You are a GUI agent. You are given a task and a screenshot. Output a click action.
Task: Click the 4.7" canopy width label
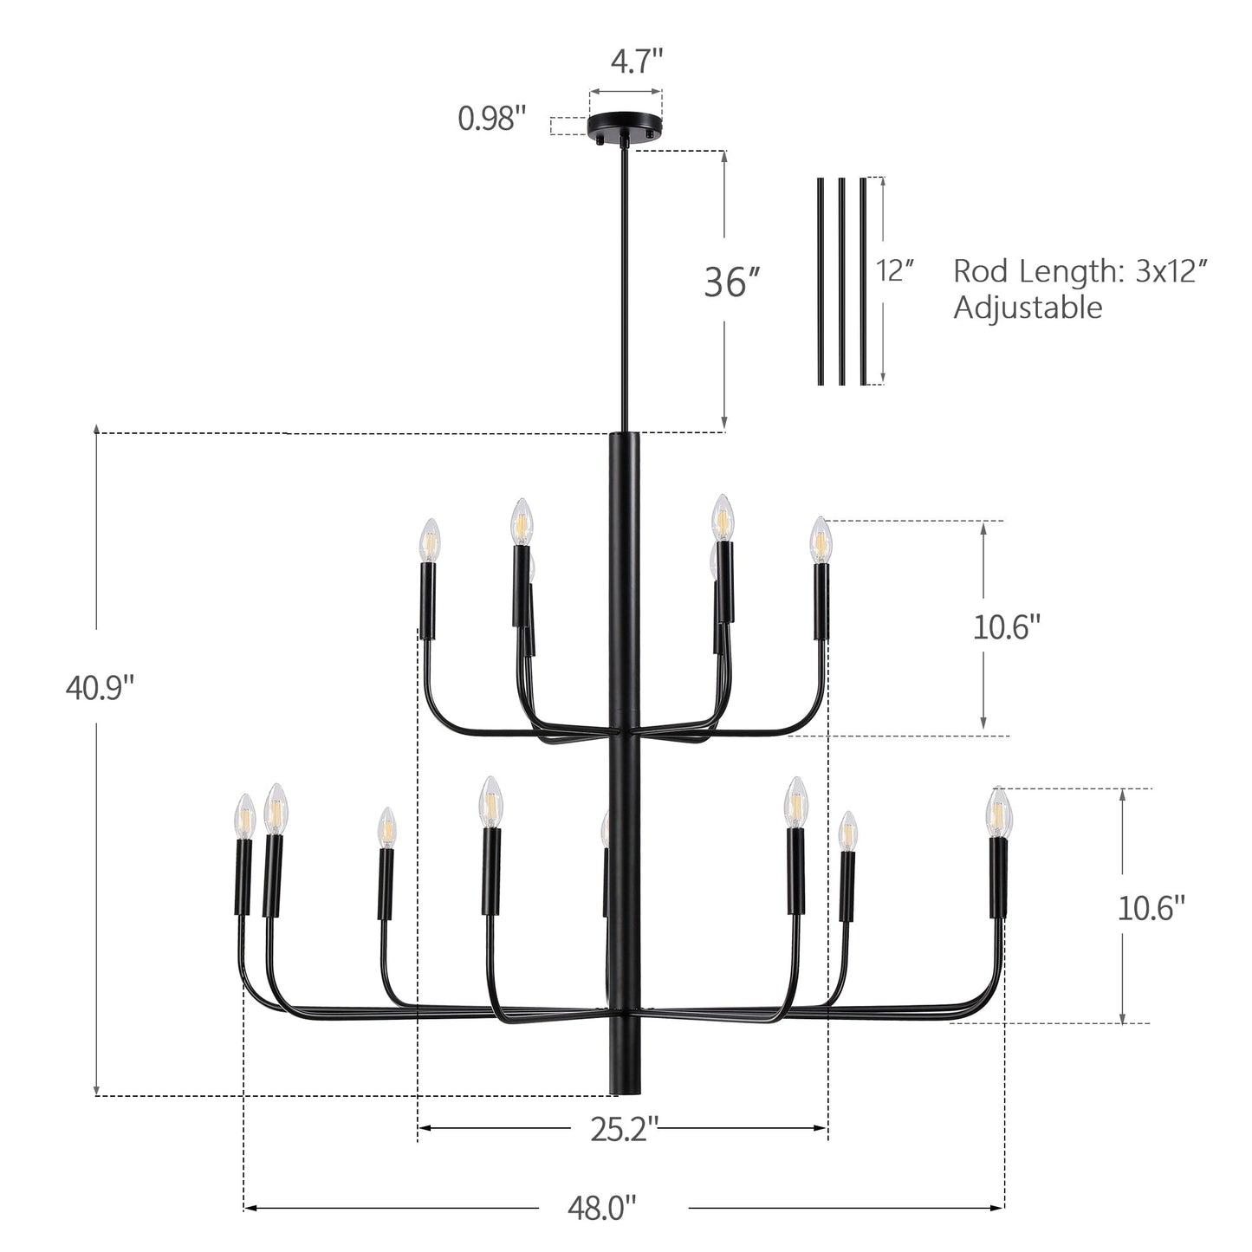click(x=637, y=62)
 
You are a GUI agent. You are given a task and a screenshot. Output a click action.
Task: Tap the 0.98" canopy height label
click(x=492, y=119)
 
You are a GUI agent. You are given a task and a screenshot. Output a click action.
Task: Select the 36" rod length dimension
click(x=731, y=282)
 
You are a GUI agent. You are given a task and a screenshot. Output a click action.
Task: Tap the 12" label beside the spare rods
click(x=896, y=270)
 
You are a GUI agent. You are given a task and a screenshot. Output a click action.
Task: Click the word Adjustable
click(x=1028, y=308)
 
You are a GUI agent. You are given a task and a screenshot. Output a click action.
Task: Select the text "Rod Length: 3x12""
click(x=1080, y=271)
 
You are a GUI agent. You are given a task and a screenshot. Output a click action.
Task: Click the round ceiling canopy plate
click(x=626, y=126)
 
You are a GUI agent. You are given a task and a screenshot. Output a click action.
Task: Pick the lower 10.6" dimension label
click(x=1151, y=908)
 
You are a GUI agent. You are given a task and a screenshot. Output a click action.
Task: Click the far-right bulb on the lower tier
click(x=999, y=811)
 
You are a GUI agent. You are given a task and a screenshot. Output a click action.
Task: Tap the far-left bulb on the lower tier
click(x=245, y=815)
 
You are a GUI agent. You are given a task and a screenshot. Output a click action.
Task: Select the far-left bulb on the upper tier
click(x=430, y=539)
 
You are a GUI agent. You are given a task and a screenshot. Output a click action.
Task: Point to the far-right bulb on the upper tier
click(x=821, y=539)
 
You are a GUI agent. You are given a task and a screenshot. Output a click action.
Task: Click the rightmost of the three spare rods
click(x=863, y=281)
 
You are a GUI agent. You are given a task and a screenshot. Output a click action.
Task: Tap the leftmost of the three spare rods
click(x=821, y=281)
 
